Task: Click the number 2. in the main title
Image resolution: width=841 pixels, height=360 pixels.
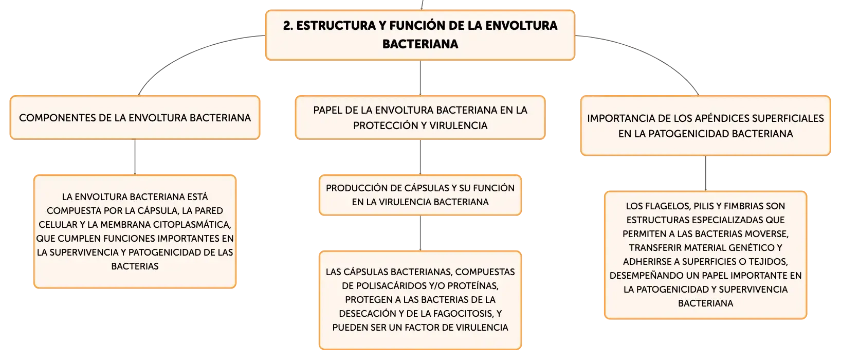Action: (x=288, y=26)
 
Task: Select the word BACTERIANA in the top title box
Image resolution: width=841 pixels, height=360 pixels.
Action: (x=420, y=44)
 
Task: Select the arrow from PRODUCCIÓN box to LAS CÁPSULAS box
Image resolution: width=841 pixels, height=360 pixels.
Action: (x=420, y=233)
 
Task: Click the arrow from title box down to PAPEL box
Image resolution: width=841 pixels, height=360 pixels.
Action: (x=420, y=78)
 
